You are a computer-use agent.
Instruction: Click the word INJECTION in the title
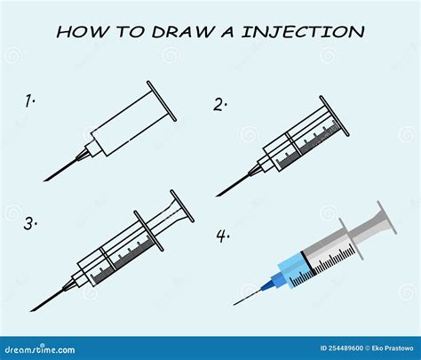(303, 31)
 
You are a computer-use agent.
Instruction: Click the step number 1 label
(29, 100)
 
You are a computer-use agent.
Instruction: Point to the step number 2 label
(219, 105)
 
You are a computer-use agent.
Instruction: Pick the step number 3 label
(30, 224)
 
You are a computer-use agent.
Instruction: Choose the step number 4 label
(223, 236)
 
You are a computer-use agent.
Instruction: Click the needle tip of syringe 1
(44, 180)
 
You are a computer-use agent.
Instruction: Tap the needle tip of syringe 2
(218, 196)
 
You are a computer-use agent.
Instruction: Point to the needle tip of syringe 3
(31, 311)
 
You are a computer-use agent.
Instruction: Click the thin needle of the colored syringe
(248, 297)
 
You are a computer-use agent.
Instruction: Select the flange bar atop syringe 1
(162, 101)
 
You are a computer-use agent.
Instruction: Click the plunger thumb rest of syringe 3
(182, 206)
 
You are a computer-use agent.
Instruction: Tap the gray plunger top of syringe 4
(386, 218)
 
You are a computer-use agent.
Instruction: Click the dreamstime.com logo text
(40, 349)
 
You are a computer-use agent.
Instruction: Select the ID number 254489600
(341, 348)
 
